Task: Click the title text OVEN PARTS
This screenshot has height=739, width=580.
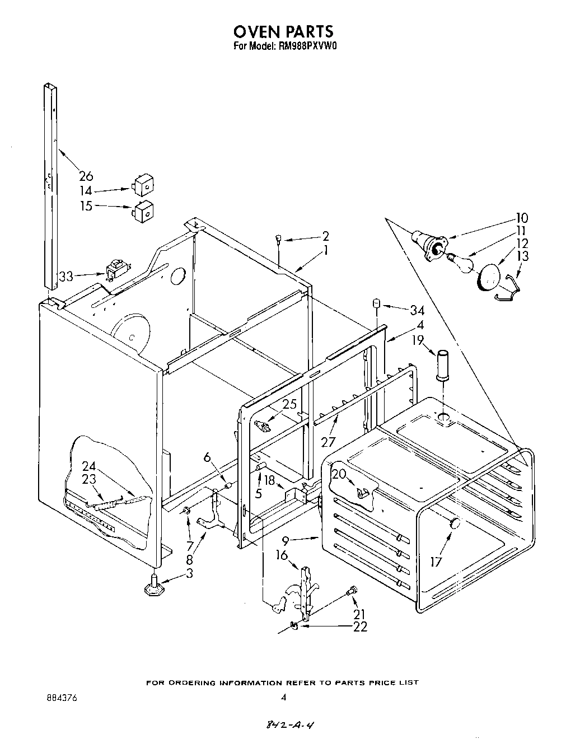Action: pyautogui.click(x=284, y=31)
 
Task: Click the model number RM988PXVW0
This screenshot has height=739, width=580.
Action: pyautogui.click(x=307, y=47)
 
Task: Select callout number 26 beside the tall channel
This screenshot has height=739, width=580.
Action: pyautogui.click(x=86, y=176)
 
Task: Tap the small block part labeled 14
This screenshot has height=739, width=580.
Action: pyautogui.click(x=144, y=183)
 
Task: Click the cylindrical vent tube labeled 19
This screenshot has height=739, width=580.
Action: pyautogui.click(x=444, y=364)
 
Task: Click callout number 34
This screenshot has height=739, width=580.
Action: pyautogui.click(x=417, y=310)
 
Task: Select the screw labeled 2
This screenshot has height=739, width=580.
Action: pyautogui.click(x=278, y=240)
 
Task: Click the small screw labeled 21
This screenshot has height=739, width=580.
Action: pyautogui.click(x=352, y=590)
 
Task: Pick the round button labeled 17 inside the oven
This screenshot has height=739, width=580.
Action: pyautogui.click(x=455, y=523)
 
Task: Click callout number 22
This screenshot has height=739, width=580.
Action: pyautogui.click(x=361, y=627)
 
